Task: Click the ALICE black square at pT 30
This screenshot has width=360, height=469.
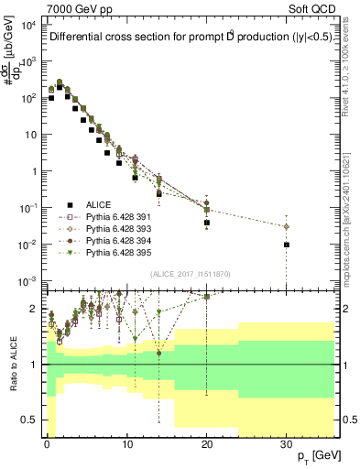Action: tap(287, 245)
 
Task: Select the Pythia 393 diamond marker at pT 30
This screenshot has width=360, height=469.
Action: tap(287, 226)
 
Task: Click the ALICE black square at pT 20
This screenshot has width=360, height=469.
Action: tap(207, 223)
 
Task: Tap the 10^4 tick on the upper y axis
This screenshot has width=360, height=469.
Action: tap(28, 25)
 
